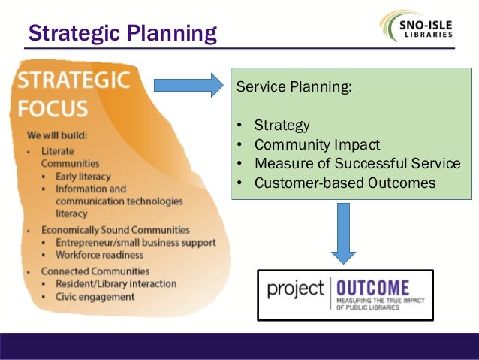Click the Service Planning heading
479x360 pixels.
[x=294, y=86]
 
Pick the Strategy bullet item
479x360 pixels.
[x=282, y=125]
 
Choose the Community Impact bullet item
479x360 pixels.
[x=317, y=144]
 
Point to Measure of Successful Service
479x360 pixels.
[x=357, y=163]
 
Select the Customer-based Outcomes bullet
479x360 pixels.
[x=344, y=183]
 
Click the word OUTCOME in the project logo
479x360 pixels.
[x=372, y=288]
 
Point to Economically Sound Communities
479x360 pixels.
[x=115, y=230]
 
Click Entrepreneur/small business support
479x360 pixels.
[x=135, y=243]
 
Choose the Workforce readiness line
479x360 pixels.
[x=99, y=256]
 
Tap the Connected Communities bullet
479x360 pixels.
[x=95, y=271]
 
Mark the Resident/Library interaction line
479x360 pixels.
[x=116, y=283]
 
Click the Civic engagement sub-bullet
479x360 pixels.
[x=95, y=296]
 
